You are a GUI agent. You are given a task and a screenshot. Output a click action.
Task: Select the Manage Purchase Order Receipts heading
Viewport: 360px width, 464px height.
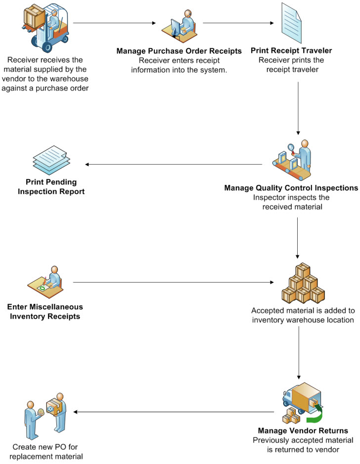[x=179, y=50]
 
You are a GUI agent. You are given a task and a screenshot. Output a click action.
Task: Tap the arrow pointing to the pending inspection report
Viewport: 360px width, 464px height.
[x=173, y=164]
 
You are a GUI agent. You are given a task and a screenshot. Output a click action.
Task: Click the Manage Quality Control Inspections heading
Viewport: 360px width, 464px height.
[x=291, y=188]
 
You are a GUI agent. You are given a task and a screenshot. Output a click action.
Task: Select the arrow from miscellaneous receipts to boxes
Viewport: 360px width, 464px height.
[x=173, y=283]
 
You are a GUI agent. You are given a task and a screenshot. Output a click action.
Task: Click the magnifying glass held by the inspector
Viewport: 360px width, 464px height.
[x=292, y=147]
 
